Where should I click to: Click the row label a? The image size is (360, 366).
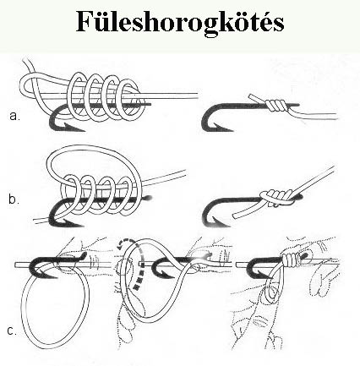14,116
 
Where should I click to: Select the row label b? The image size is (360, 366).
14,199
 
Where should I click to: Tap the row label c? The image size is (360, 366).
12,330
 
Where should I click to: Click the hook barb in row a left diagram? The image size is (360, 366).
73,128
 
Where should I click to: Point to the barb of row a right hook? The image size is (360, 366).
222,128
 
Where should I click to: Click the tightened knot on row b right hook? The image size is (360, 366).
276,197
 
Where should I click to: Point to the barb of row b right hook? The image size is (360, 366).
221,222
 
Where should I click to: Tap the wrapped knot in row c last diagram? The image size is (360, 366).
291,259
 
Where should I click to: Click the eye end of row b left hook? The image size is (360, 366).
148,198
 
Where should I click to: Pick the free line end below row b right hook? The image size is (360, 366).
236,216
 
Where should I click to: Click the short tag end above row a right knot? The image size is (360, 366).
256,98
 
